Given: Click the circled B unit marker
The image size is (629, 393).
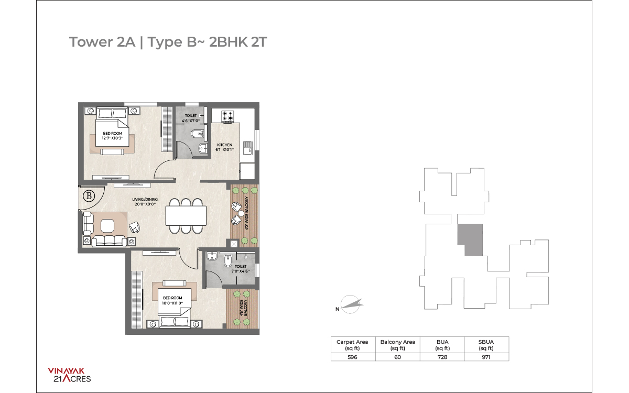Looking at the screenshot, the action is pos(89,195).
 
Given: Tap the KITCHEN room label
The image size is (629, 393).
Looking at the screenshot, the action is pos(224,145).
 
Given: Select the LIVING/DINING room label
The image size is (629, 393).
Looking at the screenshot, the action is pos(145,199).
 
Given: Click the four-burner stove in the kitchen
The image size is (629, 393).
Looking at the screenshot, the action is pos(227,116).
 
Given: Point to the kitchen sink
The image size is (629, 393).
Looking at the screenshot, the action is pos(247,148).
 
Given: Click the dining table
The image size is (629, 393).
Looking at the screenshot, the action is pos(186,215).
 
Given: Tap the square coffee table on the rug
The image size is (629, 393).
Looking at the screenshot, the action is pos(107,226).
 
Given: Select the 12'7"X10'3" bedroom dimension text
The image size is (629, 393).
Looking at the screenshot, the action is pos(113,138).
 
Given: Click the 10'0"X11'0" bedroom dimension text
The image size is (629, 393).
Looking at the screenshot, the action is pos(172,303).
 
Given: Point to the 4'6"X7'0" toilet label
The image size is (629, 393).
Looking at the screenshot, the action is pos(191,121).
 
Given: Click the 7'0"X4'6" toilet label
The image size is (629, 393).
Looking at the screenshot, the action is pos(241,271).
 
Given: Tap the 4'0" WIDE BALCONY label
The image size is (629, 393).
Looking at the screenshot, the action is pos(247,213).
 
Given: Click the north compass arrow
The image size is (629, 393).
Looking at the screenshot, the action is pos(352,304).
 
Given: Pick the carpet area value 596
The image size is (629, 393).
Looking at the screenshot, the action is pos(352,357).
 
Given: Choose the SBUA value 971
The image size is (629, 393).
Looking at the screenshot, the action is pos(486,357).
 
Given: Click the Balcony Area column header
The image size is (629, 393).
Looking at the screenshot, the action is pos(398,345).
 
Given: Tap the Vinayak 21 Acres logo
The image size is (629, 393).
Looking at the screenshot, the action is pos(69,375).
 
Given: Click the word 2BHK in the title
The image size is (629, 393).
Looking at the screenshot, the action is pos(229,42).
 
